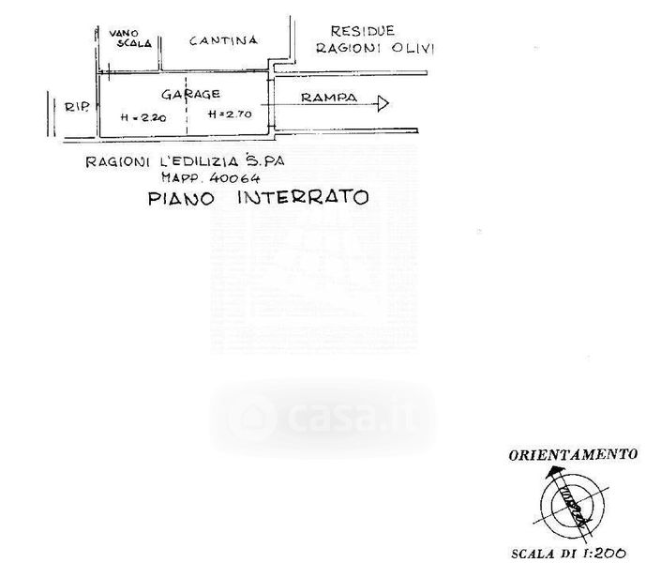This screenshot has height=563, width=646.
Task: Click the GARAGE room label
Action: pos(190,94)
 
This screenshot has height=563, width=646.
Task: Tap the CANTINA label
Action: pos(223,40)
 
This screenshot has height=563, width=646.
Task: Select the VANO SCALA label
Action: pos(128,38)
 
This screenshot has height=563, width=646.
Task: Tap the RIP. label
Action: pos(77,107)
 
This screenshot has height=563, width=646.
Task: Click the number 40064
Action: pos(233,176)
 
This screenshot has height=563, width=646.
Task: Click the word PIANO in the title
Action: pos(181,198)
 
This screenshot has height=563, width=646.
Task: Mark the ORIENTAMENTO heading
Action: pos(573,455)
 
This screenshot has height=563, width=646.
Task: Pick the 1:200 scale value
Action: pos(610,554)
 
